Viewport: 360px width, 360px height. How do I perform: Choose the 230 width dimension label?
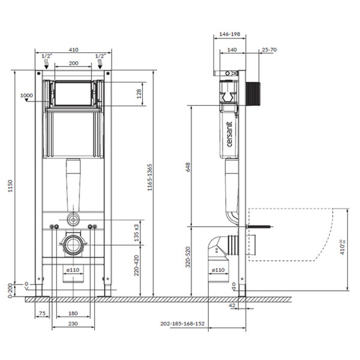(73, 324)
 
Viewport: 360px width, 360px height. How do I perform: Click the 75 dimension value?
(41, 313)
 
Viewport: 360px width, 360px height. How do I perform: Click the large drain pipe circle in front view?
(73, 244)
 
